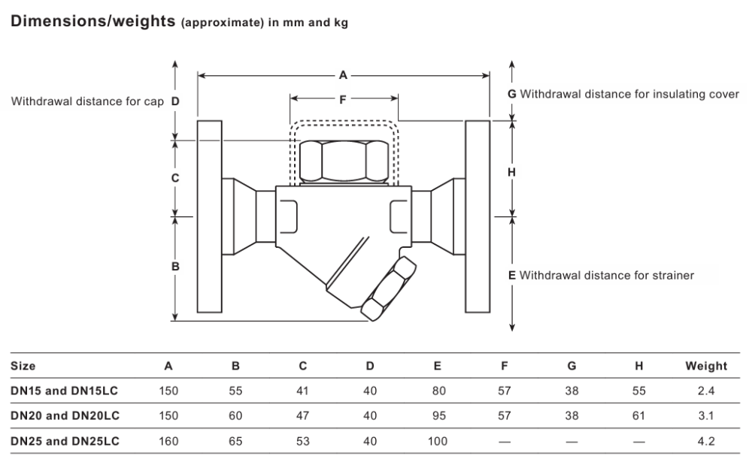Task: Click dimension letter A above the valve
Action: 343,75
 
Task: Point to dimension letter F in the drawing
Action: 342,100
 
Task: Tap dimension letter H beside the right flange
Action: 511,172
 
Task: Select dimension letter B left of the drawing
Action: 175,267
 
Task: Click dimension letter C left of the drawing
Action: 175,178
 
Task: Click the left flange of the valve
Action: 210,216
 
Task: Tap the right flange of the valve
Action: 478,216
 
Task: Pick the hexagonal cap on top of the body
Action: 344,162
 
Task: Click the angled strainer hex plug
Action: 389,288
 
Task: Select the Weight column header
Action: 706,366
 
